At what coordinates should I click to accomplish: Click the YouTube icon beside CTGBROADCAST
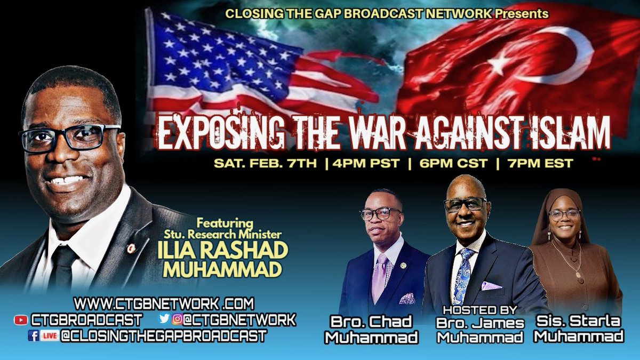pyautogui.click(x=21, y=320)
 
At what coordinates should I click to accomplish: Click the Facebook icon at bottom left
pyautogui.click(x=32, y=337)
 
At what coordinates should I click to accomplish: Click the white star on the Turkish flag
pyautogui.click(x=500, y=63)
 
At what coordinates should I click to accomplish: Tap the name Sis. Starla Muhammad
pyautogui.click(x=579, y=330)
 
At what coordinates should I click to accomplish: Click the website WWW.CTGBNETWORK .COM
pyautogui.click(x=164, y=304)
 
